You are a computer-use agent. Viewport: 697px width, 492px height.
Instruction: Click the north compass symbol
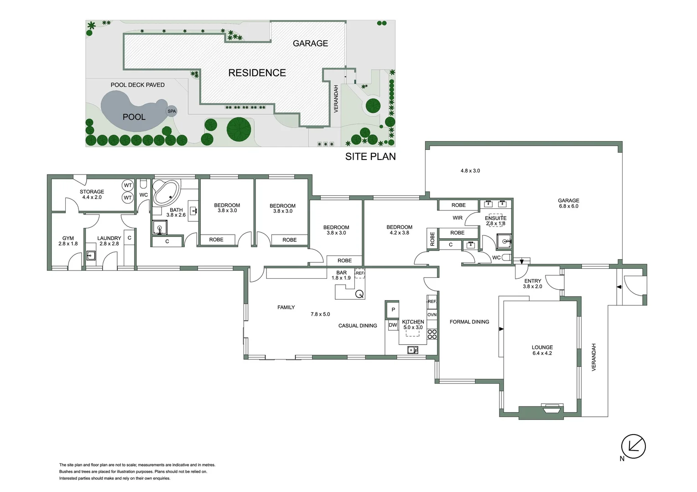coord(634,446)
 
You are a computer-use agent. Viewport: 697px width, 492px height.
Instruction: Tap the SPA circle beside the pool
coord(172,111)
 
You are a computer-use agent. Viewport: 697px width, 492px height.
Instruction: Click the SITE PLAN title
coord(370,157)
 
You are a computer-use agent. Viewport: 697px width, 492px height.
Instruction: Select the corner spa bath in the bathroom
coord(165,193)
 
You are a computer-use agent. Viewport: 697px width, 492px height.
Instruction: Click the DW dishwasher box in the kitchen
coord(393,325)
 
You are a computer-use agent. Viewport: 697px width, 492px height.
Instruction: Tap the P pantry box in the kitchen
coord(393,310)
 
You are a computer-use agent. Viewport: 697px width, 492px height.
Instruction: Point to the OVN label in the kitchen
coord(432,315)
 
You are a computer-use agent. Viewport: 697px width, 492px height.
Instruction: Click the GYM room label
coord(68,238)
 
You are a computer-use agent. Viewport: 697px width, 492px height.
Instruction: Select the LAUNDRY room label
coord(109,238)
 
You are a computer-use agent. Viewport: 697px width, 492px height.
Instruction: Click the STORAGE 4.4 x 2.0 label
coord(92,195)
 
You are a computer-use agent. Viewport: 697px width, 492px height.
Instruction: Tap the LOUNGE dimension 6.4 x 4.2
coord(542,353)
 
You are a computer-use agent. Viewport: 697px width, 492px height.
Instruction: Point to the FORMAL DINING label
coord(469,322)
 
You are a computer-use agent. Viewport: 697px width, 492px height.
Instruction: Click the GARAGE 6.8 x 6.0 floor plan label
coord(568,203)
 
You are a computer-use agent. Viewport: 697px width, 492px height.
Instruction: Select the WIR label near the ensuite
coord(458,218)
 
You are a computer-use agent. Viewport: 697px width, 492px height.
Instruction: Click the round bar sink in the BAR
coord(359,294)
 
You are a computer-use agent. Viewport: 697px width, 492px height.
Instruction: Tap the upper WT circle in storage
coord(128,185)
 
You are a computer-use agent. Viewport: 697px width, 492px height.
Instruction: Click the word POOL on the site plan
coord(134,117)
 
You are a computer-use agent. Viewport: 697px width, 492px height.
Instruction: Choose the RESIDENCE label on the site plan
coord(257,73)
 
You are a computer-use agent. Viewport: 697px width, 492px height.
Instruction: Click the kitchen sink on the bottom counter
coord(412,350)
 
